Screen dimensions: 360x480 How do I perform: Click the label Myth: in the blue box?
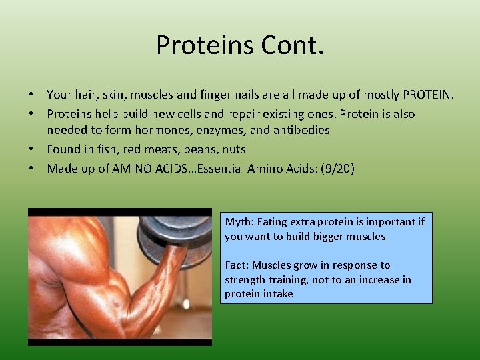[239, 222]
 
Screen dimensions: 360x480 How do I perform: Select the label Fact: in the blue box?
[237, 265]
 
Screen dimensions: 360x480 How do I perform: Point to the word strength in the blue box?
[244, 280]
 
